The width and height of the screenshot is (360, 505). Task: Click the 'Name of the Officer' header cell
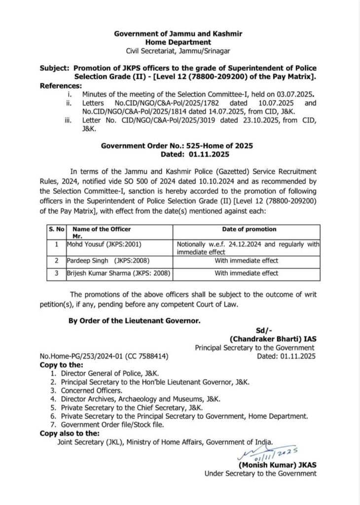tap(102, 229)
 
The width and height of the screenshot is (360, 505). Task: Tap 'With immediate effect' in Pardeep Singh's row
tap(247, 261)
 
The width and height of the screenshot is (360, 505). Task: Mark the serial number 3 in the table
tap(57, 273)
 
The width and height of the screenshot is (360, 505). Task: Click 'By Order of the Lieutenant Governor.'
tap(134, 321)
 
